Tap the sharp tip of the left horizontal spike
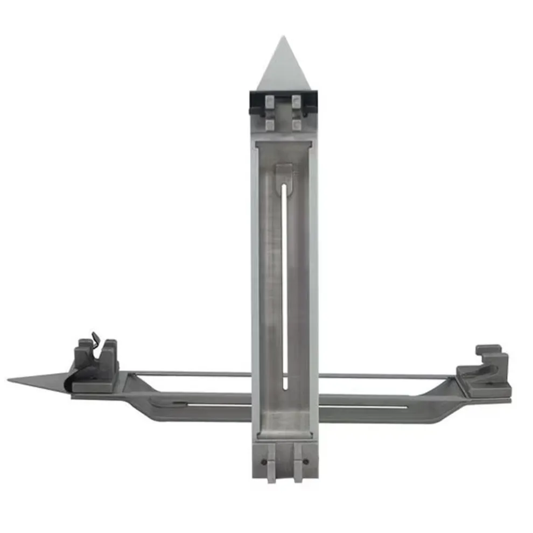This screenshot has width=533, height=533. [9, 380]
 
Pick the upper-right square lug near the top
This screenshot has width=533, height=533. [296, 101]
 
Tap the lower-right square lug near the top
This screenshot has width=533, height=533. [296, 124]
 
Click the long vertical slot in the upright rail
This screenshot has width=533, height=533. [285, 285]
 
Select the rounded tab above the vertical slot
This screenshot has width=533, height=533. [284, 174]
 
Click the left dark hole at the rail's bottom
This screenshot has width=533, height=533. [263, 461]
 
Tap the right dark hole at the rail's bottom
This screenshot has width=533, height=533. [306, 461]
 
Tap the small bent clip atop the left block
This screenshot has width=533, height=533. [96, 339]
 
